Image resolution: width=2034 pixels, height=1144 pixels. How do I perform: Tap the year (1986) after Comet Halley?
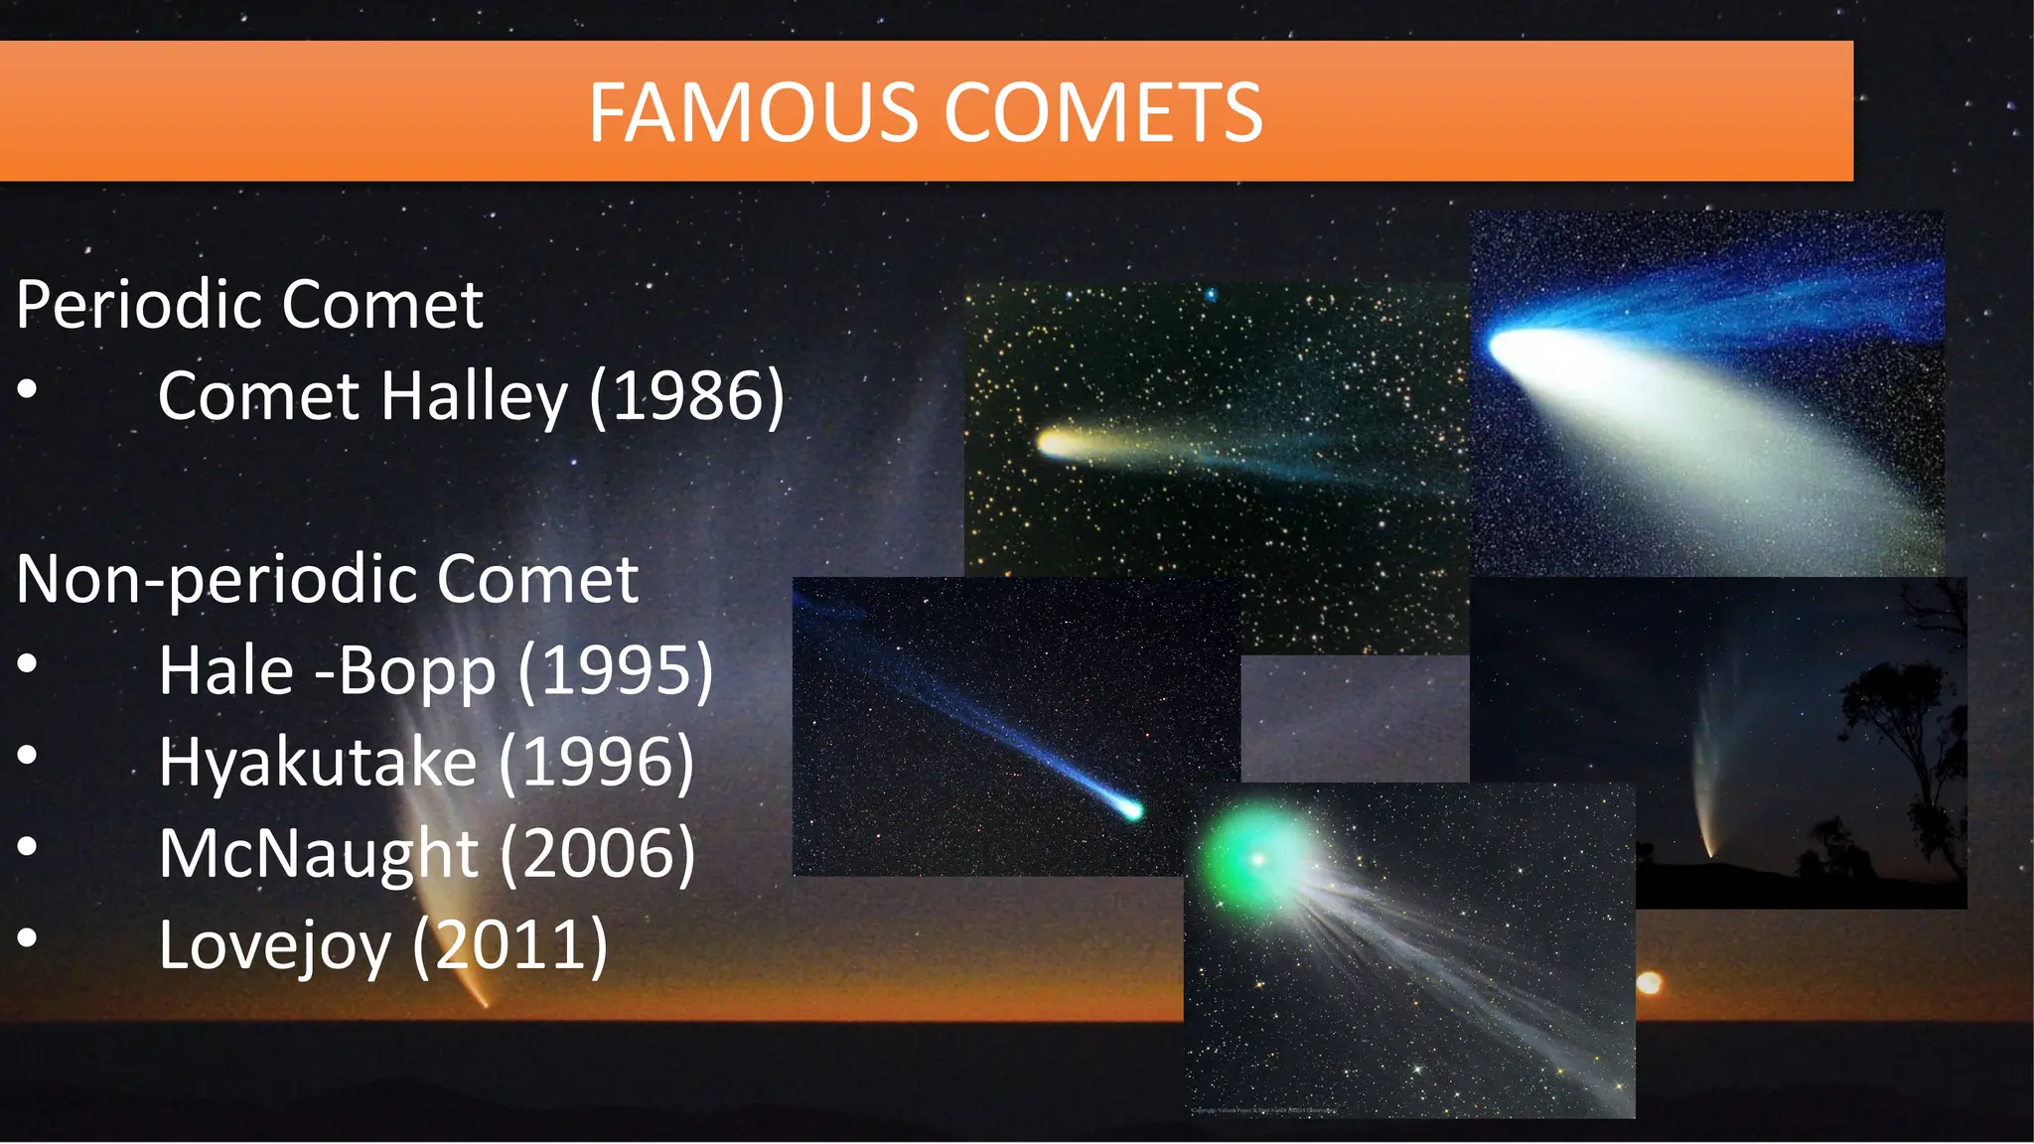[x=686, y=396]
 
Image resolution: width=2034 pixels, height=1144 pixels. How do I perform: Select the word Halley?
[x=475, y=396]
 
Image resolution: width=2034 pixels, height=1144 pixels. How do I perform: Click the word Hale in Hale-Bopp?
[x=226, y=670]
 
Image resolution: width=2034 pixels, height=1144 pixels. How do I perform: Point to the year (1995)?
[x=615, y=670]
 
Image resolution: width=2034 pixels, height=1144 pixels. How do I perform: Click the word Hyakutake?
[x=318, y=762]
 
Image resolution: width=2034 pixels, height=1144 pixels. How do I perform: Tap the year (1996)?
[x=596, y=762]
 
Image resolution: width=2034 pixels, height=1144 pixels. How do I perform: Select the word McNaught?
[x=318, y=853]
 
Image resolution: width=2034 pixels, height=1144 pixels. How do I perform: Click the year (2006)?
[x=597, y=853]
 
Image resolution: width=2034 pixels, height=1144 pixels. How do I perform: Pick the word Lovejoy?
[x=274, y=944]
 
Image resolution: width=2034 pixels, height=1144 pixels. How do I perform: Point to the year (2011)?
[x=509, y=944]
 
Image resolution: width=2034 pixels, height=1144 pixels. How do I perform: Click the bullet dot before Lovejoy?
[x=28, y=936]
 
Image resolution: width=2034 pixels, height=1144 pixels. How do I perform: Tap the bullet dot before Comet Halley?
[x=28, y=388]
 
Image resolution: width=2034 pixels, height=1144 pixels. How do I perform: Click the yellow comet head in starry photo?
[x=1053, y=442]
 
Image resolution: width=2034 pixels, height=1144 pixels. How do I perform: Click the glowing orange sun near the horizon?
[x=1649, y=983]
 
